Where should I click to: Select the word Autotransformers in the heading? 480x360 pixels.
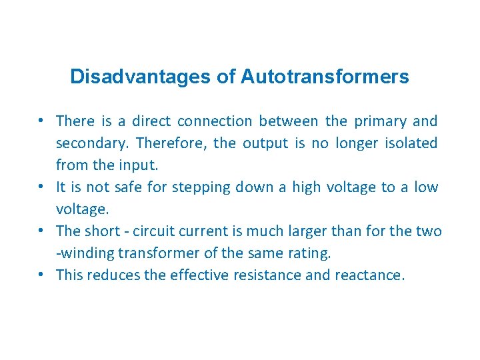point(325,77)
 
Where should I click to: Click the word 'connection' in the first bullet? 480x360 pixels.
point(215,121)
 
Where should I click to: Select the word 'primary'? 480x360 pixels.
point(380,121)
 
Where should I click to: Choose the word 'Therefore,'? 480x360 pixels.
point(171,143)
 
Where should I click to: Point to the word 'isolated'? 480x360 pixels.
point(411,143)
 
